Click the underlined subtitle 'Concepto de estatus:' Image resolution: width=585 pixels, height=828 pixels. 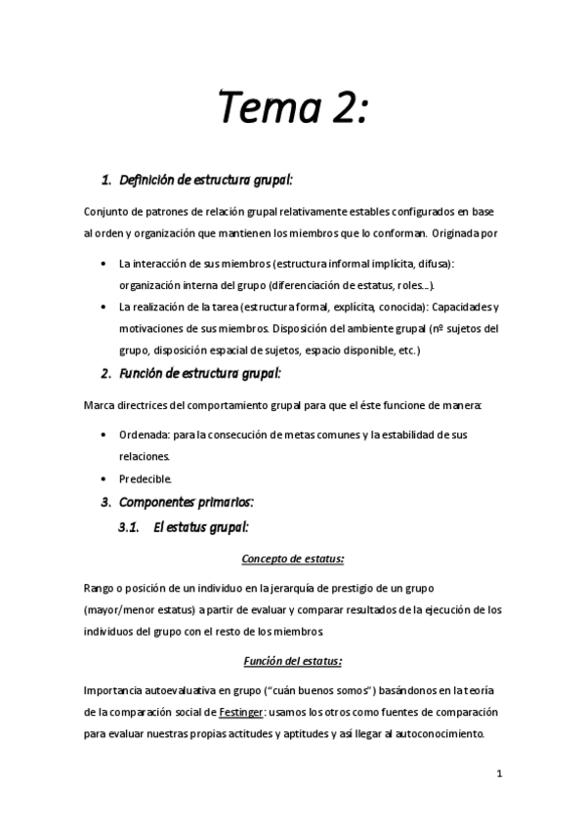[x=292, y=559]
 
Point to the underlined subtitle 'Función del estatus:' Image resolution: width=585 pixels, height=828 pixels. [x=292, y=660]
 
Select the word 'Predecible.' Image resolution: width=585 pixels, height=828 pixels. [x=146, y=478]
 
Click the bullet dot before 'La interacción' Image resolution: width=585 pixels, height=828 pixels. [x=105, y=265]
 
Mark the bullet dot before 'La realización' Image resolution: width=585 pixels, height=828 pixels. [x=105, y=307]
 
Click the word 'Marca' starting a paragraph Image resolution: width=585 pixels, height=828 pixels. [x=101, y=403]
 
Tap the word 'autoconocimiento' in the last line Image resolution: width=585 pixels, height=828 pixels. [x=443, y=735]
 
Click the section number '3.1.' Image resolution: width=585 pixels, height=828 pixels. [x=131, y=528]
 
